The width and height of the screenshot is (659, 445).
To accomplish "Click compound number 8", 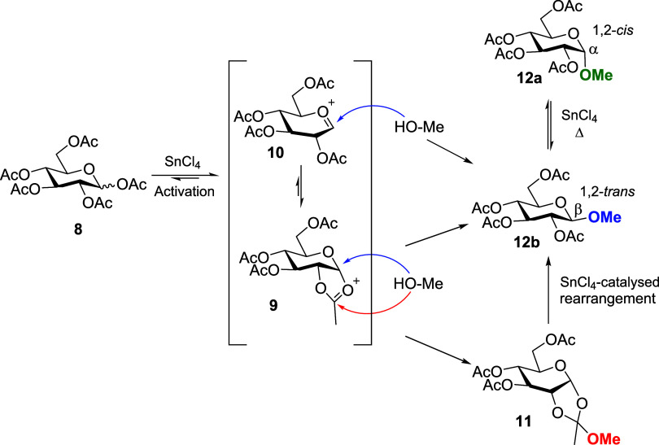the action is tap(78, 229).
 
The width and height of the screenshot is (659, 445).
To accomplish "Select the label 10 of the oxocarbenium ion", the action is tap(275, 152).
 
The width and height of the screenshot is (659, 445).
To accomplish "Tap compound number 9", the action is tap(273, 305).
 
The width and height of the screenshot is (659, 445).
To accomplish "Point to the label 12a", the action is tap(529, 78).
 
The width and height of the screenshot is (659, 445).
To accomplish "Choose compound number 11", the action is tap(523, 421).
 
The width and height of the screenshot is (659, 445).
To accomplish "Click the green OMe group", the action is tap(596, 75).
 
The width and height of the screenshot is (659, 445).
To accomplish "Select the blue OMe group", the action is tap(604, 217).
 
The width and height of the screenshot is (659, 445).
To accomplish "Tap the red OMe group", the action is tap(604, 438).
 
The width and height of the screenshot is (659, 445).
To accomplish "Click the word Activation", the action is tap(184, 191).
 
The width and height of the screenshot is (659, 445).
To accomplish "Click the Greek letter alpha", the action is tap(593, 50).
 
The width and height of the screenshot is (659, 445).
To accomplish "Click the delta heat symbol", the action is tap(579, 134).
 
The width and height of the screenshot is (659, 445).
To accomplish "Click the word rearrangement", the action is tap(607, 299).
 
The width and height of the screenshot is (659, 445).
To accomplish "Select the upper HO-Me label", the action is tap(419, 127).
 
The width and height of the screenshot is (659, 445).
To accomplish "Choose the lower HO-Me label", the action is tap(418, 284).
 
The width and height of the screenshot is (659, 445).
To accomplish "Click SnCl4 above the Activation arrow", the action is tap(182, 162).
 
